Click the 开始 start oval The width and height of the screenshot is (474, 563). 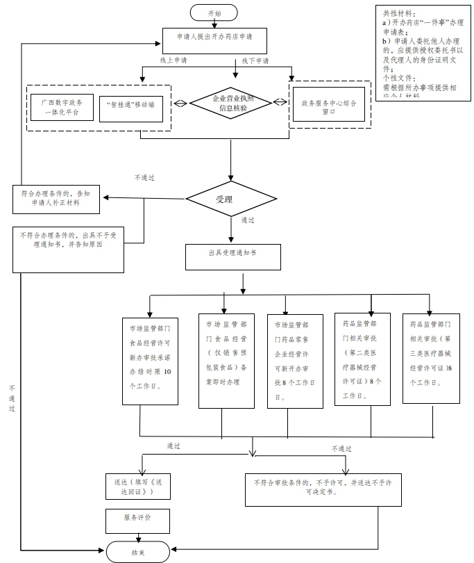click(214, 13)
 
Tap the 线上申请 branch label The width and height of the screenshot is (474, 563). click(173, 61)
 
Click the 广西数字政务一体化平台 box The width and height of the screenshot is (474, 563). click(61, 107)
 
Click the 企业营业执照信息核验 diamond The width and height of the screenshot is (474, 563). click(229, 104)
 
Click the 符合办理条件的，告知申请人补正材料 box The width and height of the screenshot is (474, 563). click(56, 199)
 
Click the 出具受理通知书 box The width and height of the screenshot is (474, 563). click(232, 256)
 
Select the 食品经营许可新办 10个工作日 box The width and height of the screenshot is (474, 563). click(150, 358)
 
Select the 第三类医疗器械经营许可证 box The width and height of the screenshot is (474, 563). click(431, 358)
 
